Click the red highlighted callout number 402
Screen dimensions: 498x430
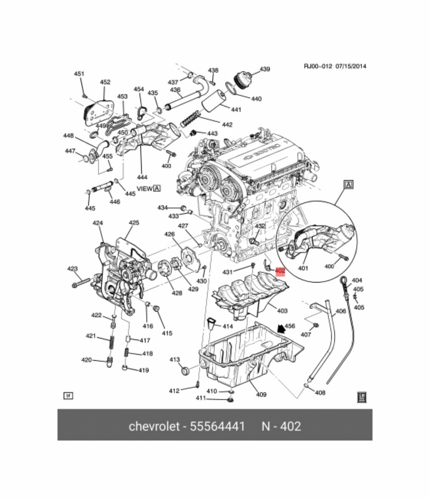tap(280, 271)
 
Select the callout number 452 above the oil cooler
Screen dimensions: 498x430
tap(105, 82)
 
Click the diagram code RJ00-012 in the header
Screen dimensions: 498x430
tap(318, 66)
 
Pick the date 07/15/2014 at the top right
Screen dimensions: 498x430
tap(351, 66)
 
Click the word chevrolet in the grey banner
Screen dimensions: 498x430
tap(154, 426)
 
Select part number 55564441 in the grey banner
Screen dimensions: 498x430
tap(218, 426)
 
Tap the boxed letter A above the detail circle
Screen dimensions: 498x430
tap(348, 185)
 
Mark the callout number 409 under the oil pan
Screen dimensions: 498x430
tap(261, 394)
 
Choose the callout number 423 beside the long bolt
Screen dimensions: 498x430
tap(72, 268)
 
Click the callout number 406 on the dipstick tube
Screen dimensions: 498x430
tap(340, 311)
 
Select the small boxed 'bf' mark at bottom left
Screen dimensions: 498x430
tap(68, 396)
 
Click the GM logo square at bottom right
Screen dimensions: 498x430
tap(362, 397)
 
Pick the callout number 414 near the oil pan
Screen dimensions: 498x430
tap(228, 326)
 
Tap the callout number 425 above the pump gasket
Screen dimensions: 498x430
tap(134, 223)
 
